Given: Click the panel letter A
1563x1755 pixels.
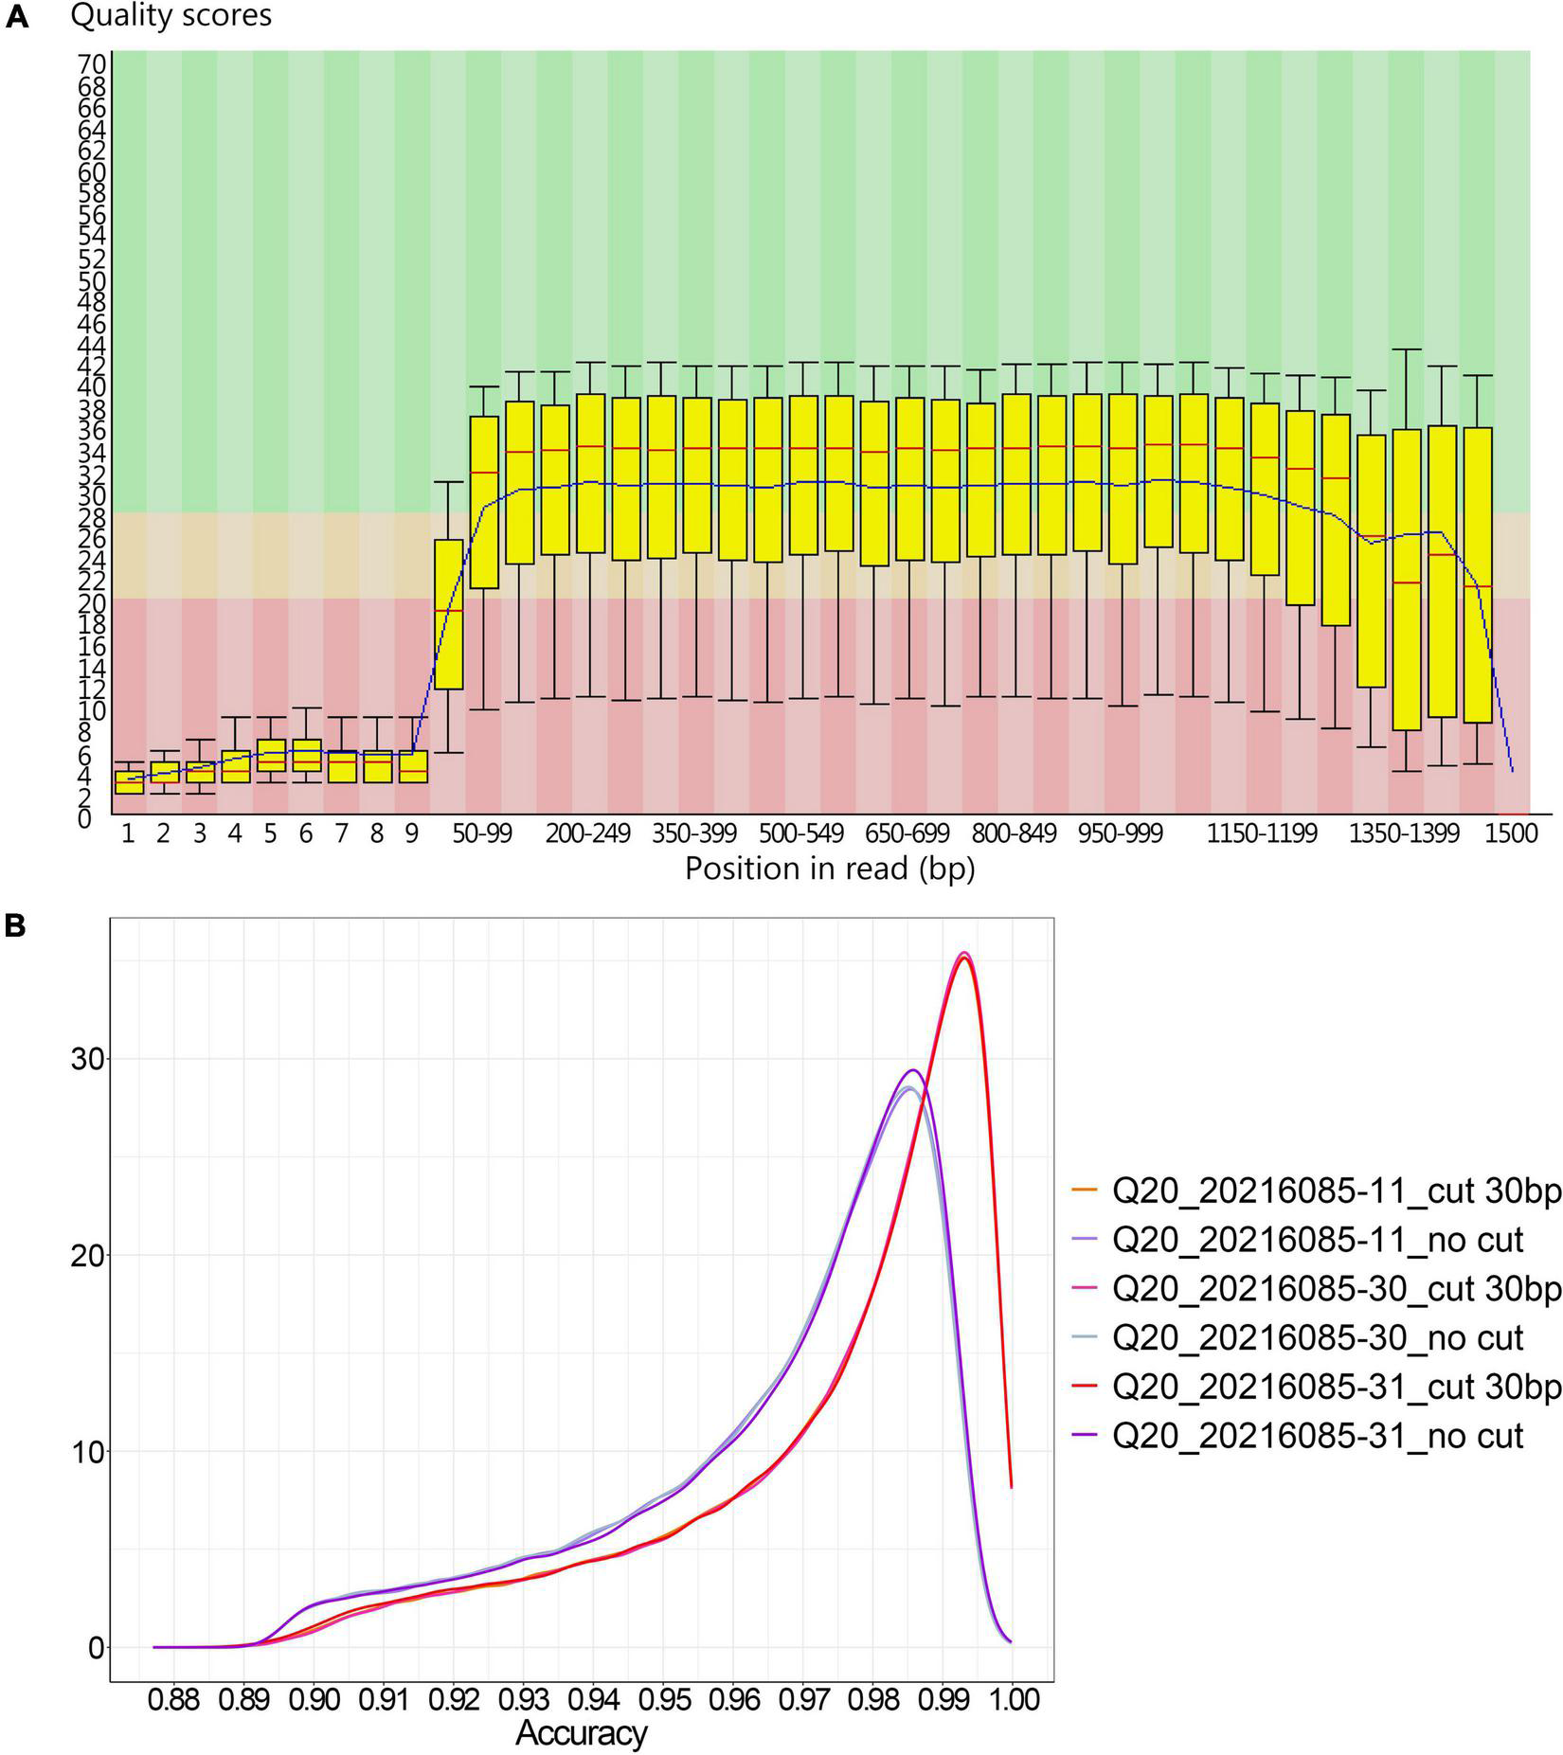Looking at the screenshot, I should click(17, 16).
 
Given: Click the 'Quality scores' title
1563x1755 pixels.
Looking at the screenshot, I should click(171, 15).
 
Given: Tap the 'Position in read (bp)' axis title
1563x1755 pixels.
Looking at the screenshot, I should click(830, 868).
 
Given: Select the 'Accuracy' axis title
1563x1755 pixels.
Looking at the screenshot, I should click(582, 1732).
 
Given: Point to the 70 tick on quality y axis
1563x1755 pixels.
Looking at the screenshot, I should click(91, 65).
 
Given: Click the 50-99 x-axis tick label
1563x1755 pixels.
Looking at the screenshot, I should click(482, 833).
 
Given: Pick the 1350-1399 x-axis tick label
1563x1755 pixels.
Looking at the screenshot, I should click(1404, 833).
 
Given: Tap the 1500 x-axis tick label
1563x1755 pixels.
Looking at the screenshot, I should click(1511, 833).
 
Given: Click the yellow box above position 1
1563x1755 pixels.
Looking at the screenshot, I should click(129, 782).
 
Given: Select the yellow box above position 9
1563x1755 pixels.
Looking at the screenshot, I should click(412, 767).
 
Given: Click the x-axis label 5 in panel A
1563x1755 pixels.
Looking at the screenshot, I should click(270, 833).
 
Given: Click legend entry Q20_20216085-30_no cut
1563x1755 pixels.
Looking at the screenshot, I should click(1318, 1338).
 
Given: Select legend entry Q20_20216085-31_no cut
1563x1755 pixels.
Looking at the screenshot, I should click(1318, 1436).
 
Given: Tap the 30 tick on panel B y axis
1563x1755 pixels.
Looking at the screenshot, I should click(85, 1058).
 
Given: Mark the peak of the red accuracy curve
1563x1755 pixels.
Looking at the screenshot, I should click(964, 958).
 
